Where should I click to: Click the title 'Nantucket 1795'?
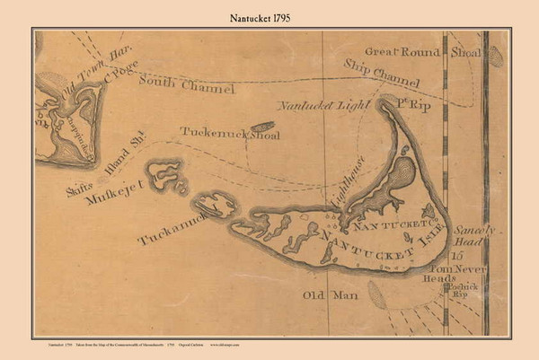point(269,15)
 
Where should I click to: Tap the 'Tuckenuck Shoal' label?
point(229,133)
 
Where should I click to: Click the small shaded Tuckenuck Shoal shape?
point(261,127)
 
